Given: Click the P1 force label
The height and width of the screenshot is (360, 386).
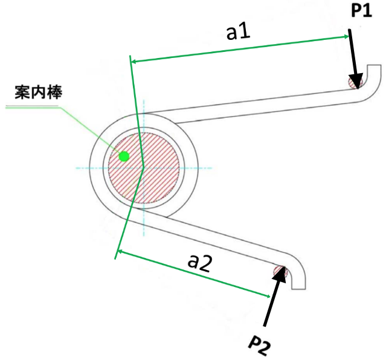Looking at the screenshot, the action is click(361, 11).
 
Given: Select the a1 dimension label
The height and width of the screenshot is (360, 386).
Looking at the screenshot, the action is click(238, 32).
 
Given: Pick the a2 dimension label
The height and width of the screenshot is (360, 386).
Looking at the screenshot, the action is click(199, 263).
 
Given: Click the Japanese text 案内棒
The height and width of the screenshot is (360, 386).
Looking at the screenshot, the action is click(39, 92).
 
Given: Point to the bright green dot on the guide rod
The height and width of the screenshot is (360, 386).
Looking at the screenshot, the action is click(124, 156).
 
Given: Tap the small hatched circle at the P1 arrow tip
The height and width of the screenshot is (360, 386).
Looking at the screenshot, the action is click(355, 82).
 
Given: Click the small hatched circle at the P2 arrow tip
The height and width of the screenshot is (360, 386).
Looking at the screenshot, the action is click(280, 272).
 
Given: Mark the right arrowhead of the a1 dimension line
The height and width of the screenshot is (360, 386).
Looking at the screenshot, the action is click(346, 37).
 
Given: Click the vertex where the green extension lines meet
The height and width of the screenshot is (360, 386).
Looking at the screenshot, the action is click(143, 167).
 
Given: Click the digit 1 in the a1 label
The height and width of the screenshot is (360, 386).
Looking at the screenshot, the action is click(245, 31).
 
